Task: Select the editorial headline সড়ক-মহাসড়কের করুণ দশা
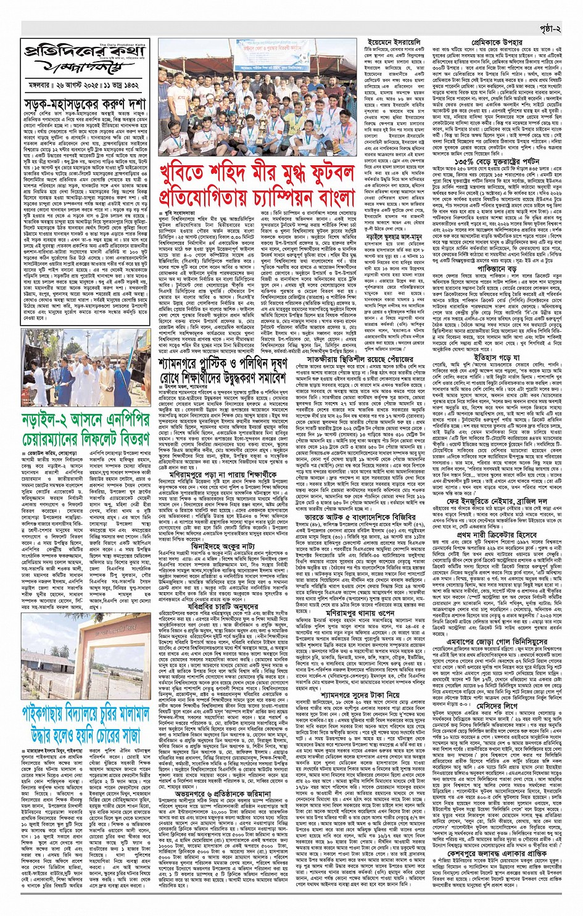coord(85,104)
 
